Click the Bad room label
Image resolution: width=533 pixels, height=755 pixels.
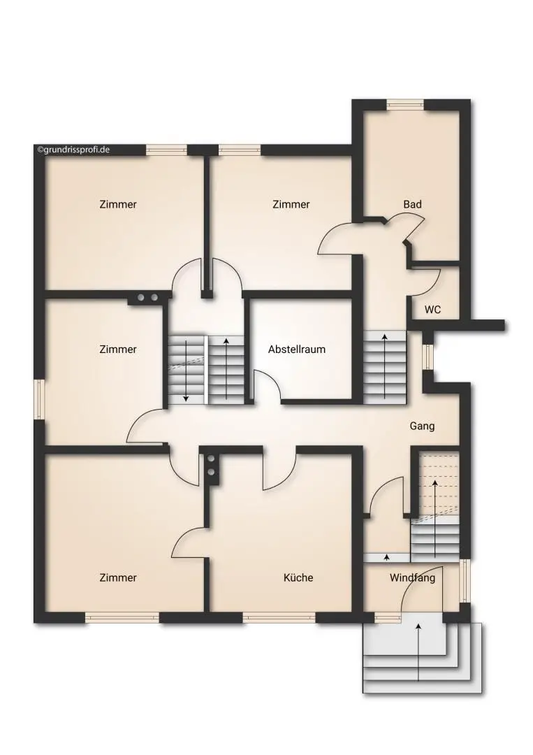(412, 204)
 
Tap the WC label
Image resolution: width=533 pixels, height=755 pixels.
(432, 310)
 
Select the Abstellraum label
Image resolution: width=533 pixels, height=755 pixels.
(297, 350)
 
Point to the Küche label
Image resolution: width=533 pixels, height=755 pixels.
(298, 577)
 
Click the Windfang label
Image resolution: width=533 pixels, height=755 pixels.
(412, 577)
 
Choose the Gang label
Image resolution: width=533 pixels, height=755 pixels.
(422, 426)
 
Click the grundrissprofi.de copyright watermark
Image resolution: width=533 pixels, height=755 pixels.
(73, 150)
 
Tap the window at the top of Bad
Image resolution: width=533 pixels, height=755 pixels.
(404, 104)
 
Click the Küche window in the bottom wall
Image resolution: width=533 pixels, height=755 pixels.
(279, 617)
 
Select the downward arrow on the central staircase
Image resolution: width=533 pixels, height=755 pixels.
(186, 370)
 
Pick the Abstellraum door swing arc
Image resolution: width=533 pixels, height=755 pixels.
(270, 382)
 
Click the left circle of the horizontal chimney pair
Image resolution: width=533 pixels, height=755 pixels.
(140, 298)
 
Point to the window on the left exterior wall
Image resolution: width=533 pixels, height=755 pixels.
(39, 400)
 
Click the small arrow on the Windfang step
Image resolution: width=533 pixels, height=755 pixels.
(387, 557)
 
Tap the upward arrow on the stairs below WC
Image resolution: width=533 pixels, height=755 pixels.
(385, 366)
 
